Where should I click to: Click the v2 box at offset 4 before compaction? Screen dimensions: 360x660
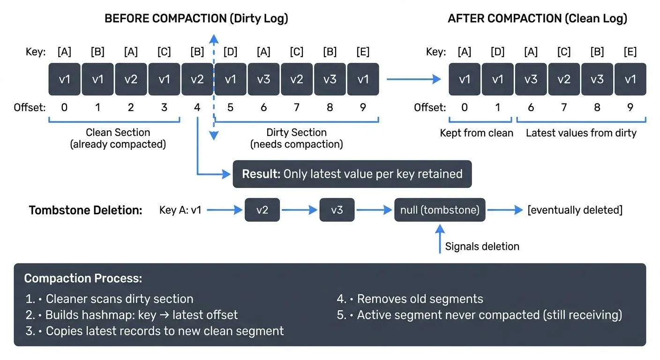(197, 79)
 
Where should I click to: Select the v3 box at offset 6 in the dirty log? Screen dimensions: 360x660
(264, 79)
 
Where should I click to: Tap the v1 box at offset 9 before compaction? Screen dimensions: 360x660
(363, 79)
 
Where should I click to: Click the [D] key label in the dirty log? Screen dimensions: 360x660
(230, 52)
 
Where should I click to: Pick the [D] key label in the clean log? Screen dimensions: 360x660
(497, 52)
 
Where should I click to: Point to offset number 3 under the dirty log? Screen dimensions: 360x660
(164, 108)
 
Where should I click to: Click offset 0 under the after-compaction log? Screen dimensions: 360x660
(464, 108)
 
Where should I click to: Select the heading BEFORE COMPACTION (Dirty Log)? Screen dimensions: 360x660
(196, 19)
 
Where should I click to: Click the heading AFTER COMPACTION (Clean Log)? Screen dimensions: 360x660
(537, 19)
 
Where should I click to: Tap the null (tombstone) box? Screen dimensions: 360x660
(440, 210)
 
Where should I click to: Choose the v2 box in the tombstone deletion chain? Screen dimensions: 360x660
(262, 210)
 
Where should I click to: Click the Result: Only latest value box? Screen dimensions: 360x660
(352, 174)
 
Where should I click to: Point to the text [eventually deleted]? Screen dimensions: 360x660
(575, 210)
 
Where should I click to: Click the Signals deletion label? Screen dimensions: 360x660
(482, 246)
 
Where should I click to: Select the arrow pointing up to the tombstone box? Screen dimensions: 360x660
(440, 239)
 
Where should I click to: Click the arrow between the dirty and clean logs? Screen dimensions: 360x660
(413, 79)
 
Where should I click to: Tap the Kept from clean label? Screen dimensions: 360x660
(476, 133)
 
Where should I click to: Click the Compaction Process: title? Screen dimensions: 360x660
(83, 278)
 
